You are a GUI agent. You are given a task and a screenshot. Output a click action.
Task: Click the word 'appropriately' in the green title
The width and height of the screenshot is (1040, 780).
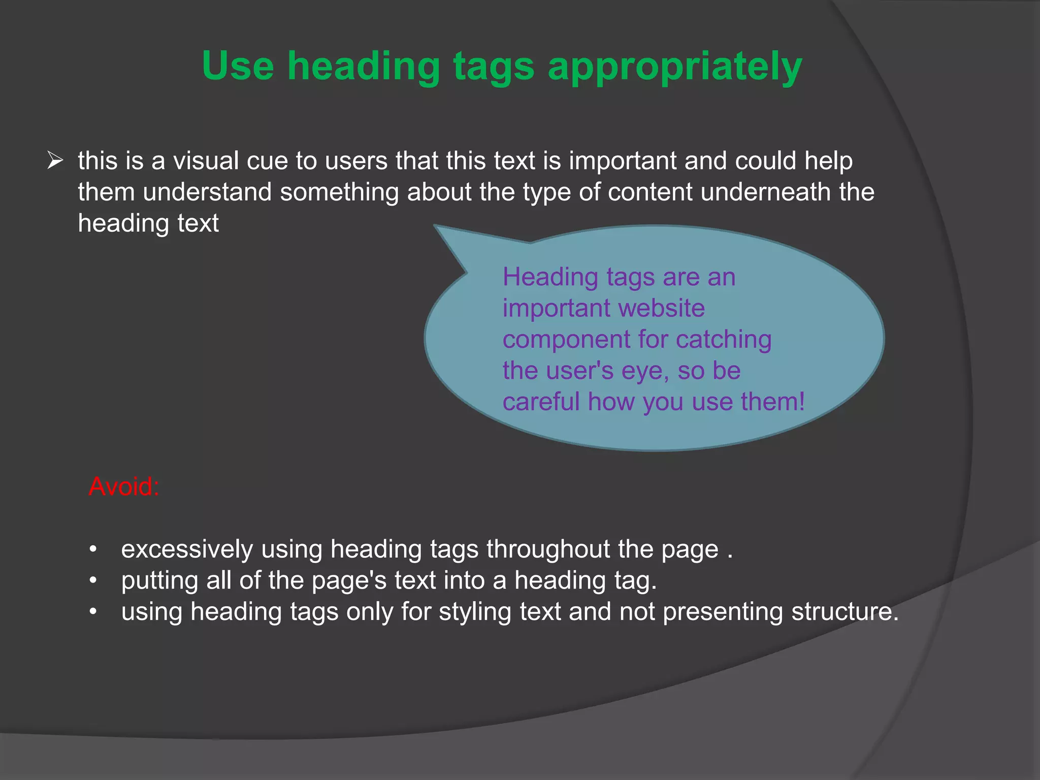(x=675, y=67)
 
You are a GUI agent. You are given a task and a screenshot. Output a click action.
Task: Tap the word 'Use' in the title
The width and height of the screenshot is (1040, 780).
(x=238, y=66)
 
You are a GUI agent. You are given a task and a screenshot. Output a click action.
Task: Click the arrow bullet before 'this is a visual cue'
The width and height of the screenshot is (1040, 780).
(x=55, y=160)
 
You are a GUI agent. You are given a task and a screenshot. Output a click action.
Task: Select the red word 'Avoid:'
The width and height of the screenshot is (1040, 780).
(x=124, y=486)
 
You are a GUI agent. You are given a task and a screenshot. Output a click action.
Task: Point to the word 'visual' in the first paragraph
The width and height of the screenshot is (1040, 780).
(x=206, y=161)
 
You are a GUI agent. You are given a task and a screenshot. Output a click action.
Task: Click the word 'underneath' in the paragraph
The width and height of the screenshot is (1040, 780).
(x=765, y=192)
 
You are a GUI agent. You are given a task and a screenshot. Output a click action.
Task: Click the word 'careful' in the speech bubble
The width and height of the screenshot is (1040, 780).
(x=541, y=402)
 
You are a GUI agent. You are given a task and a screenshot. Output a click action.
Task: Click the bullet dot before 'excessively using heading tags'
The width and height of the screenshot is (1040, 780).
(x=92, y=549)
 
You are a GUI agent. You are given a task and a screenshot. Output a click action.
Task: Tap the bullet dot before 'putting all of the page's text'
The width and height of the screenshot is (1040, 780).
(x=92, y=580)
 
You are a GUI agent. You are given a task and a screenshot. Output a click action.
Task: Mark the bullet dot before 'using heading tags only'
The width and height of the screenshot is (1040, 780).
(x=92, y=612)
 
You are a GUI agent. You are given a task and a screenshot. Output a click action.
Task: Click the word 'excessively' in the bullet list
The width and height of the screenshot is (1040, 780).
(x=187, y=549)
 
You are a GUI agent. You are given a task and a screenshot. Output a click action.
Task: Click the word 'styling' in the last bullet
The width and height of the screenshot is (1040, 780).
(x=475, y=612)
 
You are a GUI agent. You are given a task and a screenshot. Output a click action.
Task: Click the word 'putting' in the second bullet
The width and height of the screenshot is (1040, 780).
(x=159, y=581)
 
